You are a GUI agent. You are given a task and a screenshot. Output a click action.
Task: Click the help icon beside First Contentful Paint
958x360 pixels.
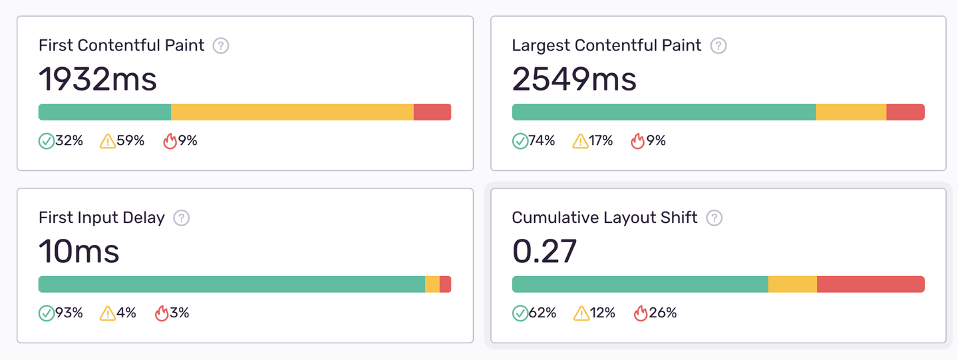pos(221,46)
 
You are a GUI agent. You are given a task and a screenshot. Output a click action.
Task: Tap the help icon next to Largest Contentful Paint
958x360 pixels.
pos(718,46)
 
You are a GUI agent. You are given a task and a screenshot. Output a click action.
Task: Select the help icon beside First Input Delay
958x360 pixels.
pos(181,218)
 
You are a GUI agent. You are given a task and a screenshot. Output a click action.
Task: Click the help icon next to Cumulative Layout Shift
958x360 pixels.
pos(715,218)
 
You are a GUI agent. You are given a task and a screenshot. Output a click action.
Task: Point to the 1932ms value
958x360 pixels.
pos(98,79)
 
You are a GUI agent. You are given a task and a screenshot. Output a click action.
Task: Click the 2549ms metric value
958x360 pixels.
pos(574,79)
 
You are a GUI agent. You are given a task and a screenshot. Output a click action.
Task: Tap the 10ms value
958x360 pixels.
pos(79,252)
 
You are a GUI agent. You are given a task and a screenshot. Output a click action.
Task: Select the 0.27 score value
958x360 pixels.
pos(544,252)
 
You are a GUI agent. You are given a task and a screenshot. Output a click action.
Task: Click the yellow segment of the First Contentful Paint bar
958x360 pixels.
pos(292,112)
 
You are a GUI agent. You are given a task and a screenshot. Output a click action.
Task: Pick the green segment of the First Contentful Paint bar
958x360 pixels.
pos(104,112)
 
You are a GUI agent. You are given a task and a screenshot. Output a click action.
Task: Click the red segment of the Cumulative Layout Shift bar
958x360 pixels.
pos(870,284)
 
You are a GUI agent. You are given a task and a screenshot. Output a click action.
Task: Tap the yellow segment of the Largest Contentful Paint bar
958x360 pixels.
pos(851,112)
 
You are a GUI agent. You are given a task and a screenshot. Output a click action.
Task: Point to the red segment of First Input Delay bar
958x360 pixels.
pos(445,284)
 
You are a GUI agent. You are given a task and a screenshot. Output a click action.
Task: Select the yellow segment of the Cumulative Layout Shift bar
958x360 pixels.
pos(792,284)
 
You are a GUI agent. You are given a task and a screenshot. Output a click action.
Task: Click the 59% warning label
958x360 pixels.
pos(131,141)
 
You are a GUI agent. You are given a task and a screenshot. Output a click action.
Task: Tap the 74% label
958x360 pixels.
pos(542,141)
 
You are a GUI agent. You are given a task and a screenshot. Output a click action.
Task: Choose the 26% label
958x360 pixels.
pos(663,313)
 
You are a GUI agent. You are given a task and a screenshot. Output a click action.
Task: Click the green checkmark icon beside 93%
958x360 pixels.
pos(47,313)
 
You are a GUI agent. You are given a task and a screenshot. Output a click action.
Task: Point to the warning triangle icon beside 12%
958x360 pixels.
pos(581,313)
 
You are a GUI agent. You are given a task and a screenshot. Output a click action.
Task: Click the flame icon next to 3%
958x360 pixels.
pos(162,313)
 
